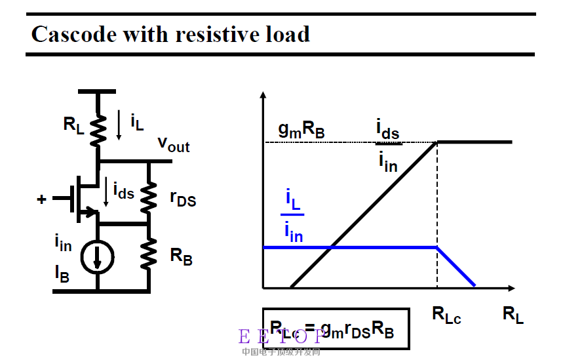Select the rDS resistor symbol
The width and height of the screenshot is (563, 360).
149,195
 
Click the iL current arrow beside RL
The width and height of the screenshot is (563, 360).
119,126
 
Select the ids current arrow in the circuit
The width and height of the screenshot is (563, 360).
106,191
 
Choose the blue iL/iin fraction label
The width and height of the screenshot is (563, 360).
293,214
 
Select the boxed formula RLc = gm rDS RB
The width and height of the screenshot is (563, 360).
336,328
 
